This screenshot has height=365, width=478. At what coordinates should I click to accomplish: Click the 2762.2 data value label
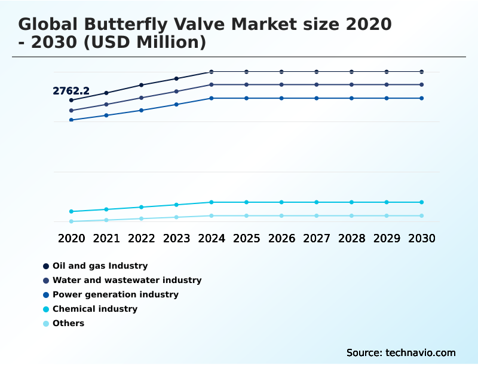tap(71, 92)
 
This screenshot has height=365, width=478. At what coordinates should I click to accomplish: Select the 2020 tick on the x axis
tap(71, 238)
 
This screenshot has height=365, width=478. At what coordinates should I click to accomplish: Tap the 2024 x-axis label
tap(212, 238)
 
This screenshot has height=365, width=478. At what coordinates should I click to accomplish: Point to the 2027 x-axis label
tap(317, 238)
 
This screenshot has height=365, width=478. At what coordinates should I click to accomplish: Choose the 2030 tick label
tap(421, 238)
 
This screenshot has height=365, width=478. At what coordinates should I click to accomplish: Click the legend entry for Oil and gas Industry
tap(100, 266)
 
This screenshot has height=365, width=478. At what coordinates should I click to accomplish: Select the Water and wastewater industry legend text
tap(127, 280)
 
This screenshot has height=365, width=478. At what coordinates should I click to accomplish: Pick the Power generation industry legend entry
tap(115, 294)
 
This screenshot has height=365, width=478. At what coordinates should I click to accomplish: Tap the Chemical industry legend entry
tap(95, 309)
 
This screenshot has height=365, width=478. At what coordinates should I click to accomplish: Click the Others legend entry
tap(68, 323)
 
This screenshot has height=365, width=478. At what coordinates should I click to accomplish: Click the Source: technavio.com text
tap(401, 352)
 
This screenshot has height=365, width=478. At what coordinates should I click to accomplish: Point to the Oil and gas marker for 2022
tap(142, 85)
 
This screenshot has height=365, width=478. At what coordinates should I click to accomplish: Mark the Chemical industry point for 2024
tap(212, 202)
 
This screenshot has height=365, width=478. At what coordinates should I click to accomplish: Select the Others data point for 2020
tap(71, 221)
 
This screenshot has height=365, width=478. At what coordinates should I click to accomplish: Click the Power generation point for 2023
tap(176, 105)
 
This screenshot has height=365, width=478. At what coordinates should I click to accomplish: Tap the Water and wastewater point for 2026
tap(281, 85)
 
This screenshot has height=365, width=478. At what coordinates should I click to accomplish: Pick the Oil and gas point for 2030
tap(421, 72)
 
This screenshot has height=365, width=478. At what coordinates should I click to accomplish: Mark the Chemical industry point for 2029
tap(387, 202)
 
